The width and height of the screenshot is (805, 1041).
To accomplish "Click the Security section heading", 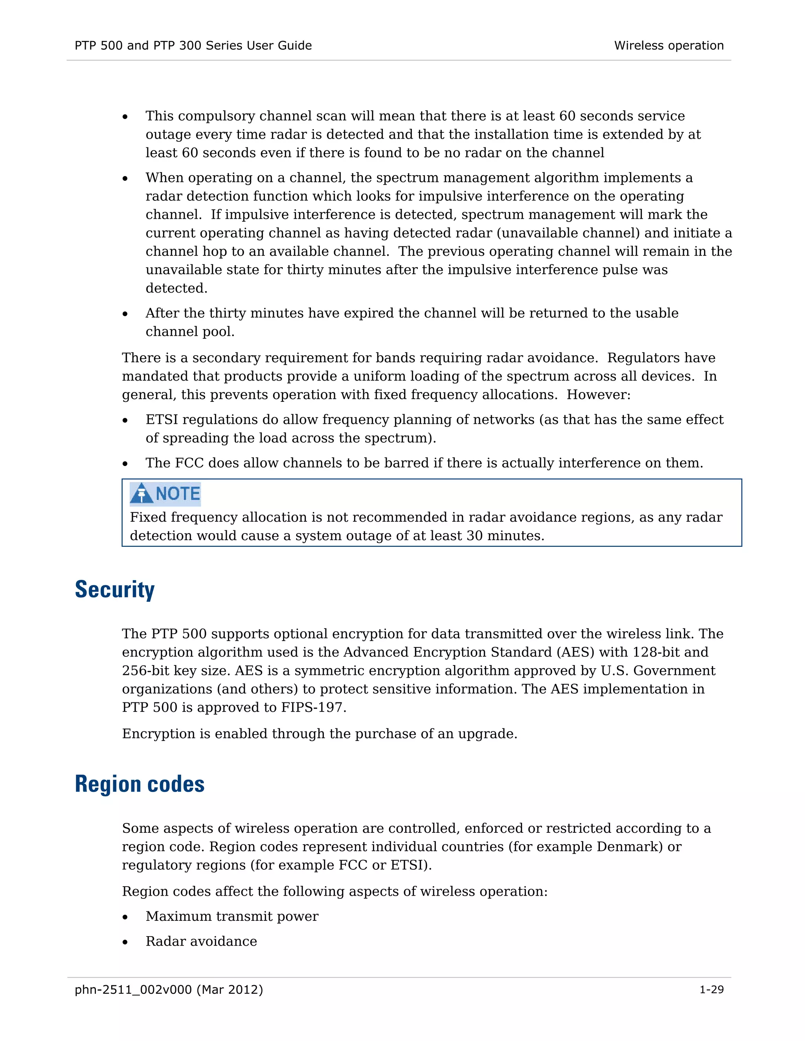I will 114,590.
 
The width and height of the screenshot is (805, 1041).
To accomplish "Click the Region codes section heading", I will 139,784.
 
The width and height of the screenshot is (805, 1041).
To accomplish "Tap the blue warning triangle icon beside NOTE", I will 141,493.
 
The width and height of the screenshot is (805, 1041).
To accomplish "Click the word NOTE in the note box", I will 178,493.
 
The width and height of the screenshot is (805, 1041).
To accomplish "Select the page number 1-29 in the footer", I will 711,990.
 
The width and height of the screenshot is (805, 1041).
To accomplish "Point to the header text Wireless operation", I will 669,45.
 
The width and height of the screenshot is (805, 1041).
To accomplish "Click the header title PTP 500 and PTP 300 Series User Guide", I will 193,45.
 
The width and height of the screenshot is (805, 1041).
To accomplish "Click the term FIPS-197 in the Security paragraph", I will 312,707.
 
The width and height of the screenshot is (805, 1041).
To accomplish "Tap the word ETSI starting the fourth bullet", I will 162,420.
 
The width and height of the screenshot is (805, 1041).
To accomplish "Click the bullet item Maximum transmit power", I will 232,916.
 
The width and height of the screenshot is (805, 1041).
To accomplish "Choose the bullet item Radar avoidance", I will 201,941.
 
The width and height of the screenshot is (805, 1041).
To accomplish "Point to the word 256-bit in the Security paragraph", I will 145,671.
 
